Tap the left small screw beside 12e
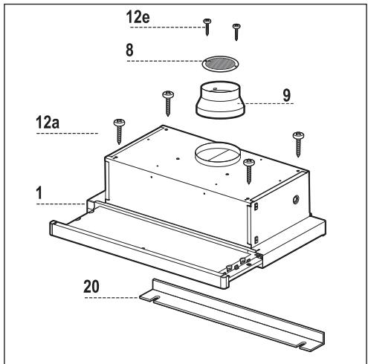[207, 27]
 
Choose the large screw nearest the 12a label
[118, 131]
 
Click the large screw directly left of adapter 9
[167, 102]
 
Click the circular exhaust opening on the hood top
[218, 156]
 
